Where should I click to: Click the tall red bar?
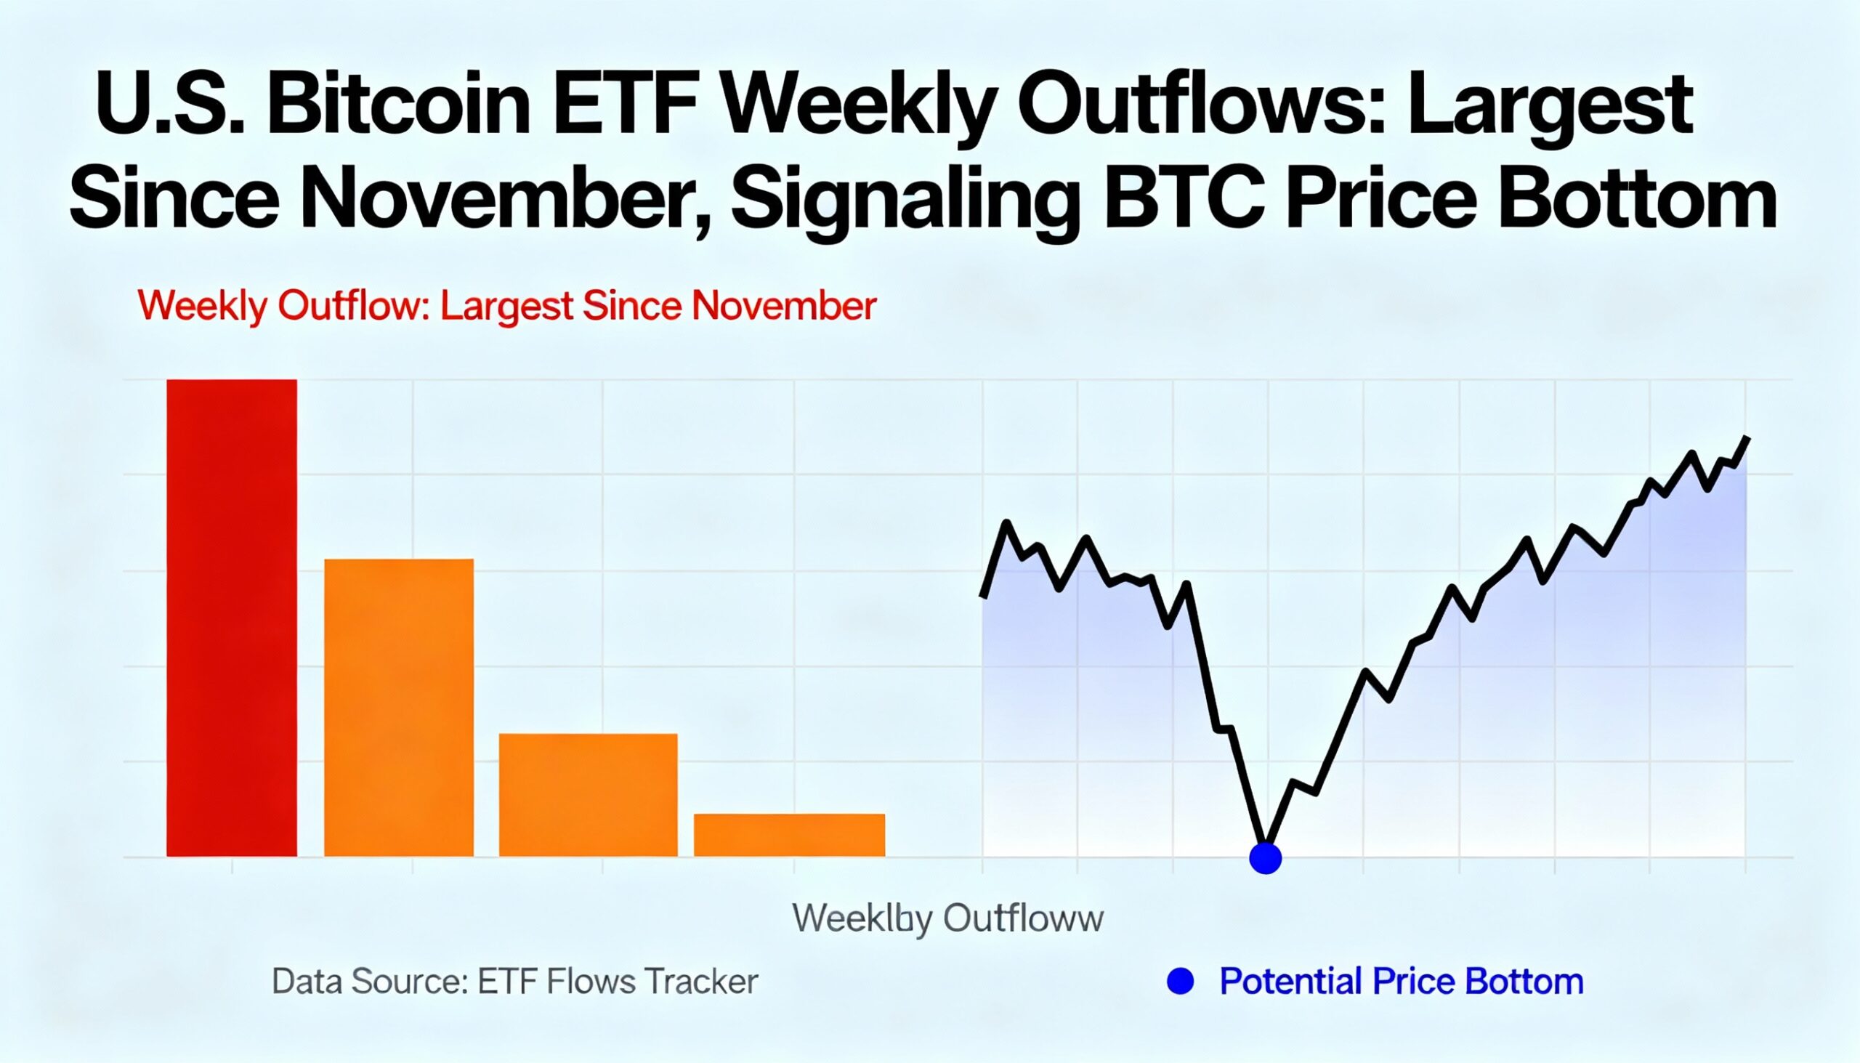coord(231,618)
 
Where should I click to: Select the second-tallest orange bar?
coord(399,707)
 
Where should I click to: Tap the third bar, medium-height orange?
coord(588,794)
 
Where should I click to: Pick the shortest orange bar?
coord(789,834)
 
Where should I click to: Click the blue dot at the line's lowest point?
coord(1265,858)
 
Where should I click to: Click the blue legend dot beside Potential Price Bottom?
coord(1181,980)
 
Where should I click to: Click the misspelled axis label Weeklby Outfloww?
coord(947,918)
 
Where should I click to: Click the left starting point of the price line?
coord(983,595)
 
